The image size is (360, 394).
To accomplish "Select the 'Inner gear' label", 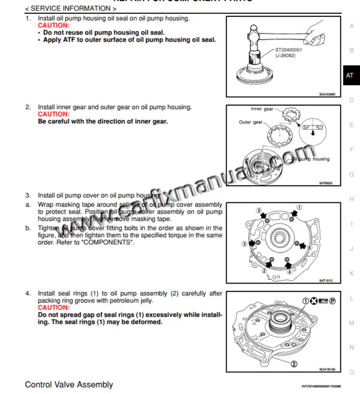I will point(262,109).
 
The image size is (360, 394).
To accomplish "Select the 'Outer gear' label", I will point(251,122).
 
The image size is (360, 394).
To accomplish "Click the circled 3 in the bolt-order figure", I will point(259,211).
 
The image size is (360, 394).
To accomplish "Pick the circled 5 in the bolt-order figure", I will point(244,244).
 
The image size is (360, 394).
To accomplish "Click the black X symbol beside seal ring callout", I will point(314,300).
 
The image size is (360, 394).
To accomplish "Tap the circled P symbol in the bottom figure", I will point(332,300).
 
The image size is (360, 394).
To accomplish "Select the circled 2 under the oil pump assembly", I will point(294,363).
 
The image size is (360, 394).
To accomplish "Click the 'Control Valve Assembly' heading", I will point(68,384).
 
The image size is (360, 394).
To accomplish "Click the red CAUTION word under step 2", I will point(53,114).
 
